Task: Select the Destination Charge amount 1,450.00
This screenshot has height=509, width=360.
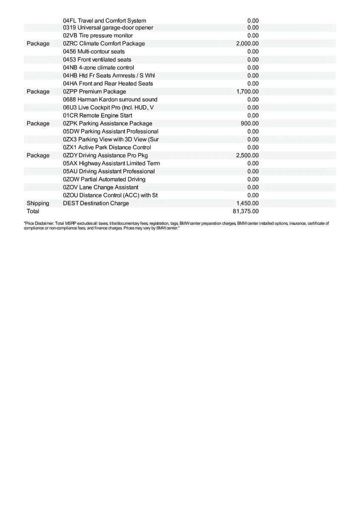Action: (x=247, y=203)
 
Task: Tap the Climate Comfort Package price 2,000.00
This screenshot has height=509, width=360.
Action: (x=247, y=44)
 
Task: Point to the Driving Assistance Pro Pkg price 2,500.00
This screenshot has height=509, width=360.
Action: (x=247, y=155)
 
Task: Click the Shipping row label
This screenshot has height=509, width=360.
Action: (x=38, y=203)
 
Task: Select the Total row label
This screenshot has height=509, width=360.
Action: (x=33, y=211)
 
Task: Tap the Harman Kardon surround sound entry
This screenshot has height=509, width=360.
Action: (x=110, y=100)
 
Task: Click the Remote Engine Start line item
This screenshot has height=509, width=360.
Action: (x=97, y=115)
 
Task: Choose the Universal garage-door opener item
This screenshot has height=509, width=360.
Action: (x=108, y=28)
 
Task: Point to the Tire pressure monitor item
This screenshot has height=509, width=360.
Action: (x=98, y=36)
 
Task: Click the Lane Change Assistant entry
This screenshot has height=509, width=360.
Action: (x=100, y=187)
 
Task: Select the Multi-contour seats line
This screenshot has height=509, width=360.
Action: (x=93, y=51)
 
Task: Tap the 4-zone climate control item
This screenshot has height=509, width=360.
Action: (x=98, y=67)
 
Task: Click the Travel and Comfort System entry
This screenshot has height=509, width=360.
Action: (x=104, y=20)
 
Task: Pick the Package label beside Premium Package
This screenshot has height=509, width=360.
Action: (x=38, y=92)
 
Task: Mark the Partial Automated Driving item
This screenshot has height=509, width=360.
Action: (x=104, y=179)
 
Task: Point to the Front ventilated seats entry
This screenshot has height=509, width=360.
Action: (x=97, y=59)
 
